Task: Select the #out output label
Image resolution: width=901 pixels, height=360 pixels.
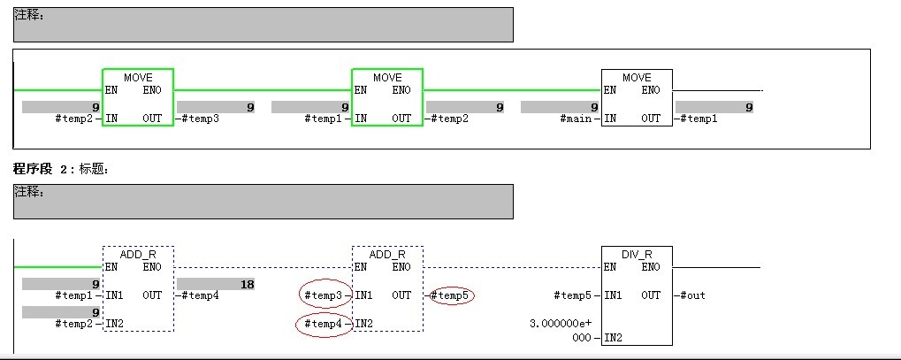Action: (x=691, y=295)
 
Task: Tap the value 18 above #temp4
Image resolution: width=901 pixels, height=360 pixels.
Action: (x=248, y=284)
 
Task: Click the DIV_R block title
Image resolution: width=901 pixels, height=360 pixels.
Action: (x=637, y=254)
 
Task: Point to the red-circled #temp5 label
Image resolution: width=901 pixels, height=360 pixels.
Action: (x=453, y=295)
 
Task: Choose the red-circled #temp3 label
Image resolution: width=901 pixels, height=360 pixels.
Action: (x=324, y=295)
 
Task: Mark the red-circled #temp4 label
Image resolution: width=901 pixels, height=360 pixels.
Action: (x=324, y=324)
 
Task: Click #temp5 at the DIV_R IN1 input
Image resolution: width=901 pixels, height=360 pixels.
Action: (x=573, y=295)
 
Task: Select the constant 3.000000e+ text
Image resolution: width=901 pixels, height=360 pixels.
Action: (x=561, y=324)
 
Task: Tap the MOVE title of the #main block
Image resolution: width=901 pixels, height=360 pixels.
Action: (x=637, y=78)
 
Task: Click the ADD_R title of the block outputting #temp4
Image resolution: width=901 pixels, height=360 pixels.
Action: (x=138, y=254)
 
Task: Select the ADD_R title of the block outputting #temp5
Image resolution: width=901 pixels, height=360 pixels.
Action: (x=387, y=254)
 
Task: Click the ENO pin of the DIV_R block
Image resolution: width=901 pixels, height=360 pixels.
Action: (x=651, y=267)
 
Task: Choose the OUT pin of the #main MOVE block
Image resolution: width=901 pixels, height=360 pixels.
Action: (x=651, y=119)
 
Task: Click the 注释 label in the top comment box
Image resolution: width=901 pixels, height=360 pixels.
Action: (x=30, y=15)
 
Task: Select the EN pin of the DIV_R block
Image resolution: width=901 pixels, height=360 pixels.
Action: (x=611, y=267)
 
